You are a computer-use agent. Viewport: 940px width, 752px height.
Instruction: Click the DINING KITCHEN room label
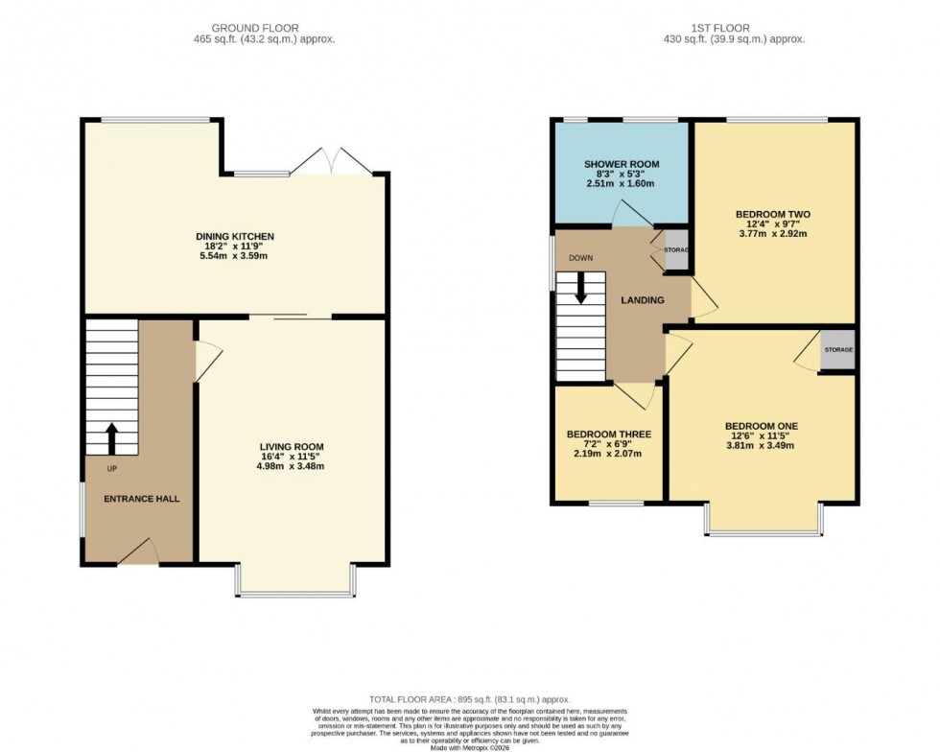point(235,236)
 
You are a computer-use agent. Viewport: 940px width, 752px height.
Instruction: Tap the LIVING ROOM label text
point(292,447)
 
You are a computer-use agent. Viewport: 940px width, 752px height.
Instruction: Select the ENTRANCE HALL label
point(141,499)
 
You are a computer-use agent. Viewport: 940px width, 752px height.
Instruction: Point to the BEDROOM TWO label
point(773,214)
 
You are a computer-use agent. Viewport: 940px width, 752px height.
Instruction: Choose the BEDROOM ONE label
point(761,426)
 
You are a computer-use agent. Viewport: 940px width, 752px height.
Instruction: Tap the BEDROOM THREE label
point(608,435)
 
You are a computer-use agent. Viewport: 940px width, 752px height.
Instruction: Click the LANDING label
point(642,300)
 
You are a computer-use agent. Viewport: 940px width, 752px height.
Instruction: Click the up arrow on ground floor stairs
point(110,438)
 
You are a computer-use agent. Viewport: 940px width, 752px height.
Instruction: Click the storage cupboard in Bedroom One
point(837,351)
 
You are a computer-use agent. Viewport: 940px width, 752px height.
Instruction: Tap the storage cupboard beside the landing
point(676,250)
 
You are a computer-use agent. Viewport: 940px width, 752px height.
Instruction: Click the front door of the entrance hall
point(138,553)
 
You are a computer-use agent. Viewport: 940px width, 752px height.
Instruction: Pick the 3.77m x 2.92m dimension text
point(773,233)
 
